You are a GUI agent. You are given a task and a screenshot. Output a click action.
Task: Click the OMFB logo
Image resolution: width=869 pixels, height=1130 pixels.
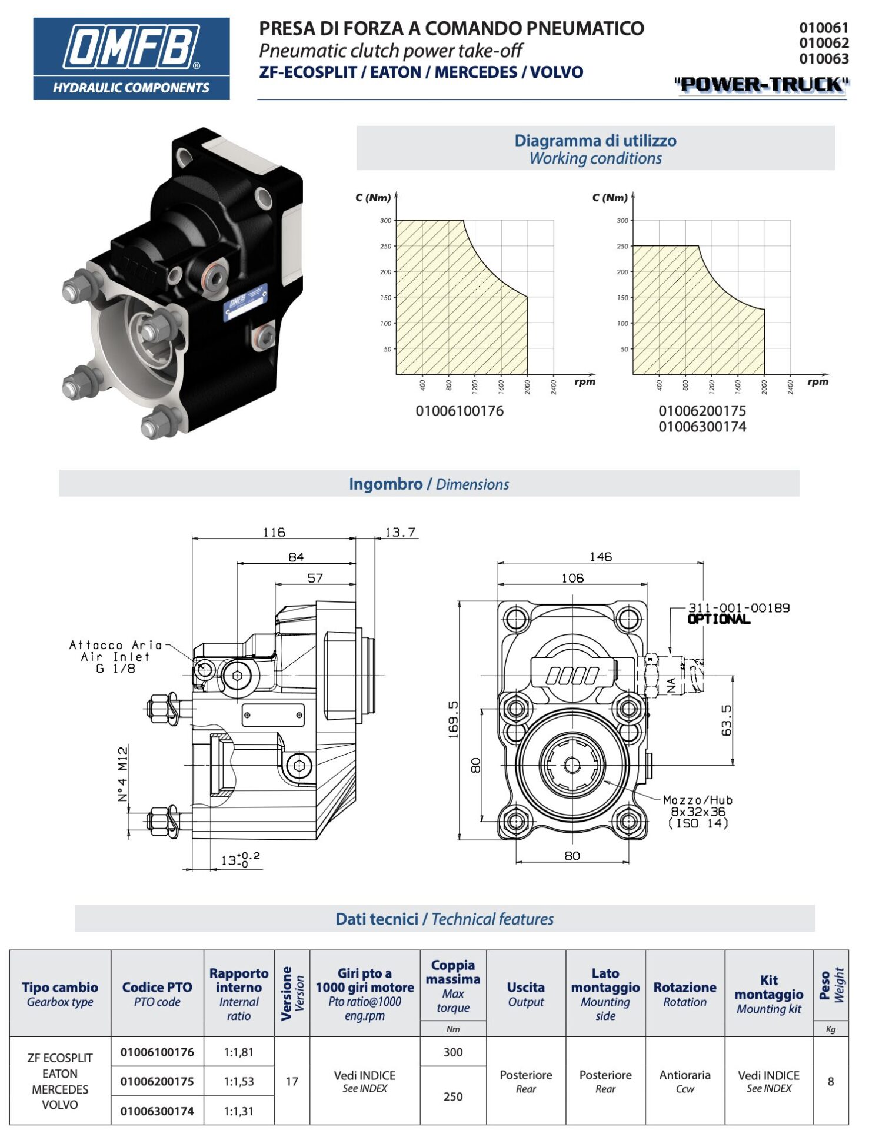pyautogui.click(x=131, y=58)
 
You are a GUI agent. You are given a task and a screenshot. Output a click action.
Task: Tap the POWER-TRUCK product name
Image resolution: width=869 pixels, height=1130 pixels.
pyautogui.click(x=761, y=85)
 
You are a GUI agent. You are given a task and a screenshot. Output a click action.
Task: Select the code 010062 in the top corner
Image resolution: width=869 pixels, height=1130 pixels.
pyautogui.click(x=823, y=43)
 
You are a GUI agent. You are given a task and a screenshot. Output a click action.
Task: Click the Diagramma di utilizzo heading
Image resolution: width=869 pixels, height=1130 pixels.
pyautogui.click(x=595, y=141)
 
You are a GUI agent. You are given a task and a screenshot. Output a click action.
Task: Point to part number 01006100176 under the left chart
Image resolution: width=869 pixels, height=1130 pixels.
pyautogui.click(x=460, y=411)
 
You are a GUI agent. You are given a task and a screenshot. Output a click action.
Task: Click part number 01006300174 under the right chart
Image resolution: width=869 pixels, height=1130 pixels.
pyautogui.click(x=702, y=427)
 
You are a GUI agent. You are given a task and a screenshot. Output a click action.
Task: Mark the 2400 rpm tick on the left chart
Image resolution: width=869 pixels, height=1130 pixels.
pyautogui.click(x=554, y=386)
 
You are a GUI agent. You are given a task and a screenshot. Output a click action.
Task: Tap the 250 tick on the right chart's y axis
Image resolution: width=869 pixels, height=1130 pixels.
pyautogui.click(x=622, y=246)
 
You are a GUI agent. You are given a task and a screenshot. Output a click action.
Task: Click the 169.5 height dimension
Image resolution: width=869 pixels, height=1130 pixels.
pyautogui.click(x=454, y=719)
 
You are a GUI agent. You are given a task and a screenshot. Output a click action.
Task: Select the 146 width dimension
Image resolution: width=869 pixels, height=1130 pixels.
pyautogui.click(x=600, y=556)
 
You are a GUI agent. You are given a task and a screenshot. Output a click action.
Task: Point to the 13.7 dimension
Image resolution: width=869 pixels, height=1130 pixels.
pyautogui.click(x=400, y=532)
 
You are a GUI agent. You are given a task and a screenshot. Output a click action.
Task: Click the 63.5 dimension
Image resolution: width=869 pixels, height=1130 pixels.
pyautogui.click(x=727, y=720)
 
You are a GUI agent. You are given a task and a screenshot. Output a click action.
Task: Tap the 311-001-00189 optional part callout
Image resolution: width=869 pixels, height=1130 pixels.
pyautogui.click(x=738, y=608)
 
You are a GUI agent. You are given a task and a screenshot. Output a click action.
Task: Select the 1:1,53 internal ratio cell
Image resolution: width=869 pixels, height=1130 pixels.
pyautogui.click(x=239, y=1081)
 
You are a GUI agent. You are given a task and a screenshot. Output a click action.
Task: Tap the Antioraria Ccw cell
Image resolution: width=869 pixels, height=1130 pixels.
pyautogui.click(x=685, y=1081)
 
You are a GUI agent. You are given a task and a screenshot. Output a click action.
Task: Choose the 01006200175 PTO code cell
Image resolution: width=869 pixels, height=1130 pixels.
pyautogui.click(x=157, y=1081)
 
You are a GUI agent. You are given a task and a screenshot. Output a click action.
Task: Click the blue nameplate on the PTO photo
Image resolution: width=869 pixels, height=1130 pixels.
pyautogui.click(x=246, y=302)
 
